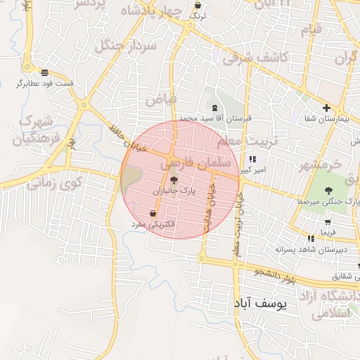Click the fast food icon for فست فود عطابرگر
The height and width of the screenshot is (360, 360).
45,73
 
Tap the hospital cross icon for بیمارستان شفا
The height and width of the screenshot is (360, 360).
326,108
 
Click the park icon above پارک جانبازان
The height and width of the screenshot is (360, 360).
174,180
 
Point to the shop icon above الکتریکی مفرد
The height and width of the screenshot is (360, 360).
153,213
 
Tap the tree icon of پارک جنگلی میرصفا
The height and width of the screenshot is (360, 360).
328,190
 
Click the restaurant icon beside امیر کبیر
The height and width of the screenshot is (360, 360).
252,160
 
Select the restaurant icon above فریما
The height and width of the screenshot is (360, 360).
311,239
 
